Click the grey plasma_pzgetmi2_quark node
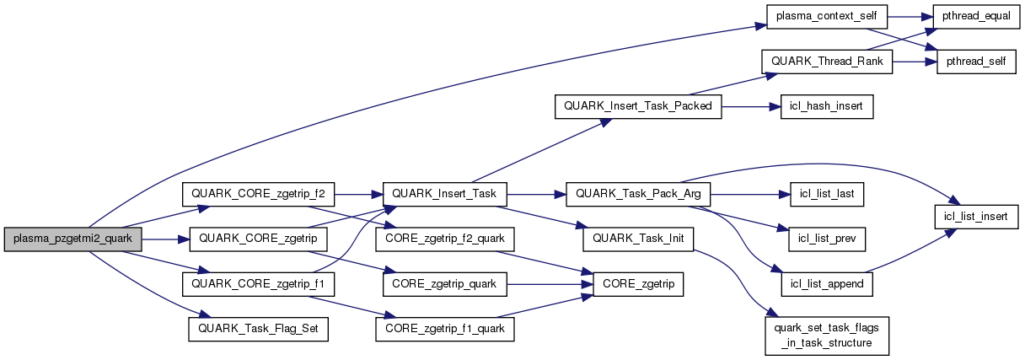click(73, 239)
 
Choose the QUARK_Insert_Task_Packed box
click(638, 107)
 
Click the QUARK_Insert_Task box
click(445, 195)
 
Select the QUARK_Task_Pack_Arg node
click(639, 195)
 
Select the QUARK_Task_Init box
click(637, 239)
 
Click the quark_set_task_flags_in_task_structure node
click(826, 334)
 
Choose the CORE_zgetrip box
click(638, 284)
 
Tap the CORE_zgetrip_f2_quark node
click(445, 239)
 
